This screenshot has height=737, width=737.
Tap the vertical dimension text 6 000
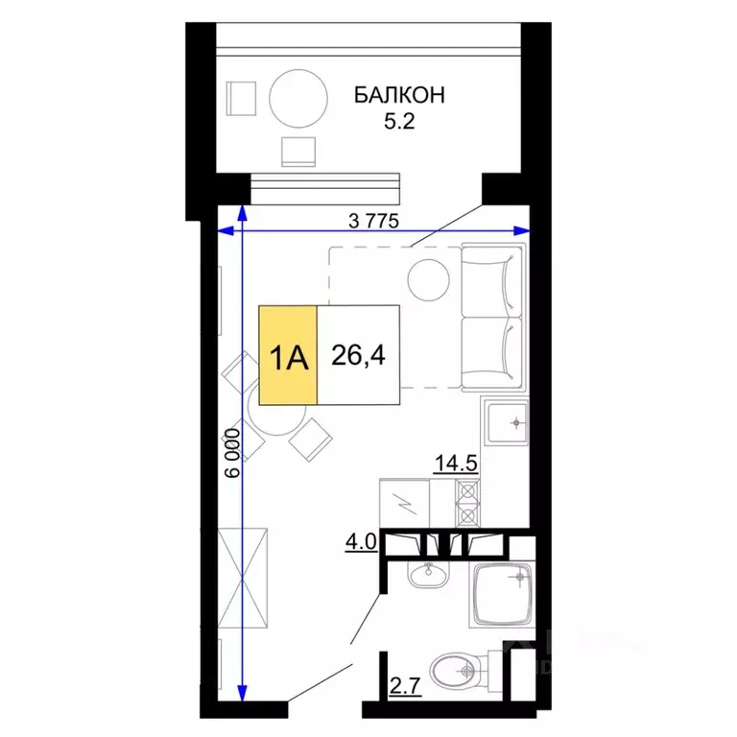[x=233, y=453]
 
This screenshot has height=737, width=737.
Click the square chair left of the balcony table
[x=242, y=97]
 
